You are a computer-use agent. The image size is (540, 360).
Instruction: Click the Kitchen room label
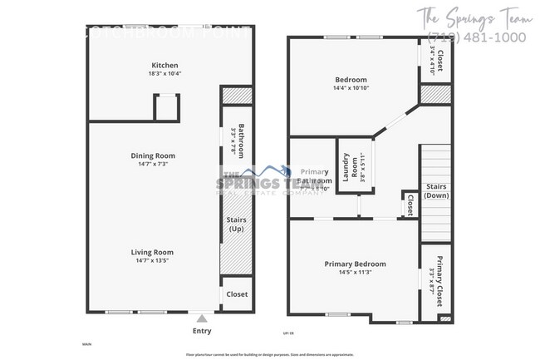pyautogui.click(x=164, y=66)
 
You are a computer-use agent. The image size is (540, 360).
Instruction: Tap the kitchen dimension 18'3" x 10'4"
pyautogui.click(x=164, y=75)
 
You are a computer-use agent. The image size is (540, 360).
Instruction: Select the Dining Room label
pyautogui.click(x=151, y=155)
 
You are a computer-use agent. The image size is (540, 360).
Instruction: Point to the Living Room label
pyautogui.click(x=151, y=252)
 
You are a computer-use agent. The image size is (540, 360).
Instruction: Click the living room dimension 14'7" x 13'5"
pyautogui.click(x=151, y=260)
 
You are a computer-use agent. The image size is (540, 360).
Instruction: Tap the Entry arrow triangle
pyautogui.click(x=201, y=317)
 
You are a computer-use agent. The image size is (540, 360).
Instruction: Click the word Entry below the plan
pyautogui.click(x=201, y=331)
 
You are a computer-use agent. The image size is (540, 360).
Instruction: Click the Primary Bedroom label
pyautogui.click(x=355, y=264)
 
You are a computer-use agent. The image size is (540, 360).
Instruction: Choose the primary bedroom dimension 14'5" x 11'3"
pyautogui.click(x=355, y=273)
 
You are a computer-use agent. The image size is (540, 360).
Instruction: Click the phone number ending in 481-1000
pyautogui.click(x=475, y=38)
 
